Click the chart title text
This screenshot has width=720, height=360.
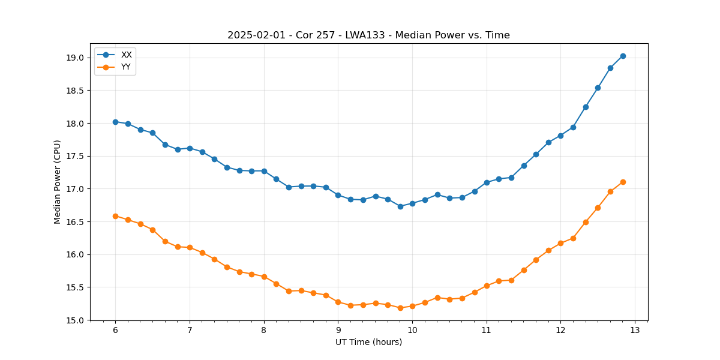368,35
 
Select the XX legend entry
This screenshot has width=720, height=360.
126,55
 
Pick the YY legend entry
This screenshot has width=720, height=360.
126,67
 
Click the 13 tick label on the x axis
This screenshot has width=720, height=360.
635,331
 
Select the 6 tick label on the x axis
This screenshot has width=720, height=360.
115,331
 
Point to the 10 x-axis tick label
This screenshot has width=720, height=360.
412,331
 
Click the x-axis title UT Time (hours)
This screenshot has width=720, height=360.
368,342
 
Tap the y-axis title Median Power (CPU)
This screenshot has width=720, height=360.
58,182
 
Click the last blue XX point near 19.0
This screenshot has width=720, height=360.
623,56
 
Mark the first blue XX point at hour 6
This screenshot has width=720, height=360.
115,122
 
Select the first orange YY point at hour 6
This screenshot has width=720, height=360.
115,216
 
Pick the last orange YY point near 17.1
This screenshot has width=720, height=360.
623,182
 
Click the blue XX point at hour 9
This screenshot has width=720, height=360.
338,195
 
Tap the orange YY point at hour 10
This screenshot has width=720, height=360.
412,306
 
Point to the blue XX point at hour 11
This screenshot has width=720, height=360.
487,182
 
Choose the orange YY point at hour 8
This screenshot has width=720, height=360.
264,277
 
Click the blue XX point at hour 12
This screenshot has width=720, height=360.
560,136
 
